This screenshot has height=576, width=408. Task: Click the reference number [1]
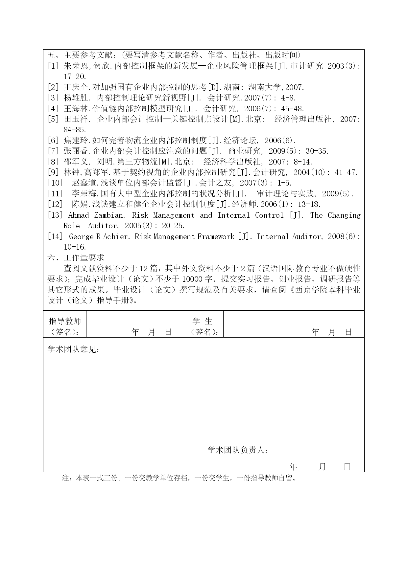53,66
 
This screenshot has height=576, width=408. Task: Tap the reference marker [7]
53,151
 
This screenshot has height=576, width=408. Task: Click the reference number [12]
55,205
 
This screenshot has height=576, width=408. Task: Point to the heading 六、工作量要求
76,258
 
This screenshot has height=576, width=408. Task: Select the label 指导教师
65,321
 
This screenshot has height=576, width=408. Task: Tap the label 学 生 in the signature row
202,321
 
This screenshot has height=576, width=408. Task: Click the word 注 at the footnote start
65,478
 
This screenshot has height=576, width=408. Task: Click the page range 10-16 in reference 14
75,247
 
